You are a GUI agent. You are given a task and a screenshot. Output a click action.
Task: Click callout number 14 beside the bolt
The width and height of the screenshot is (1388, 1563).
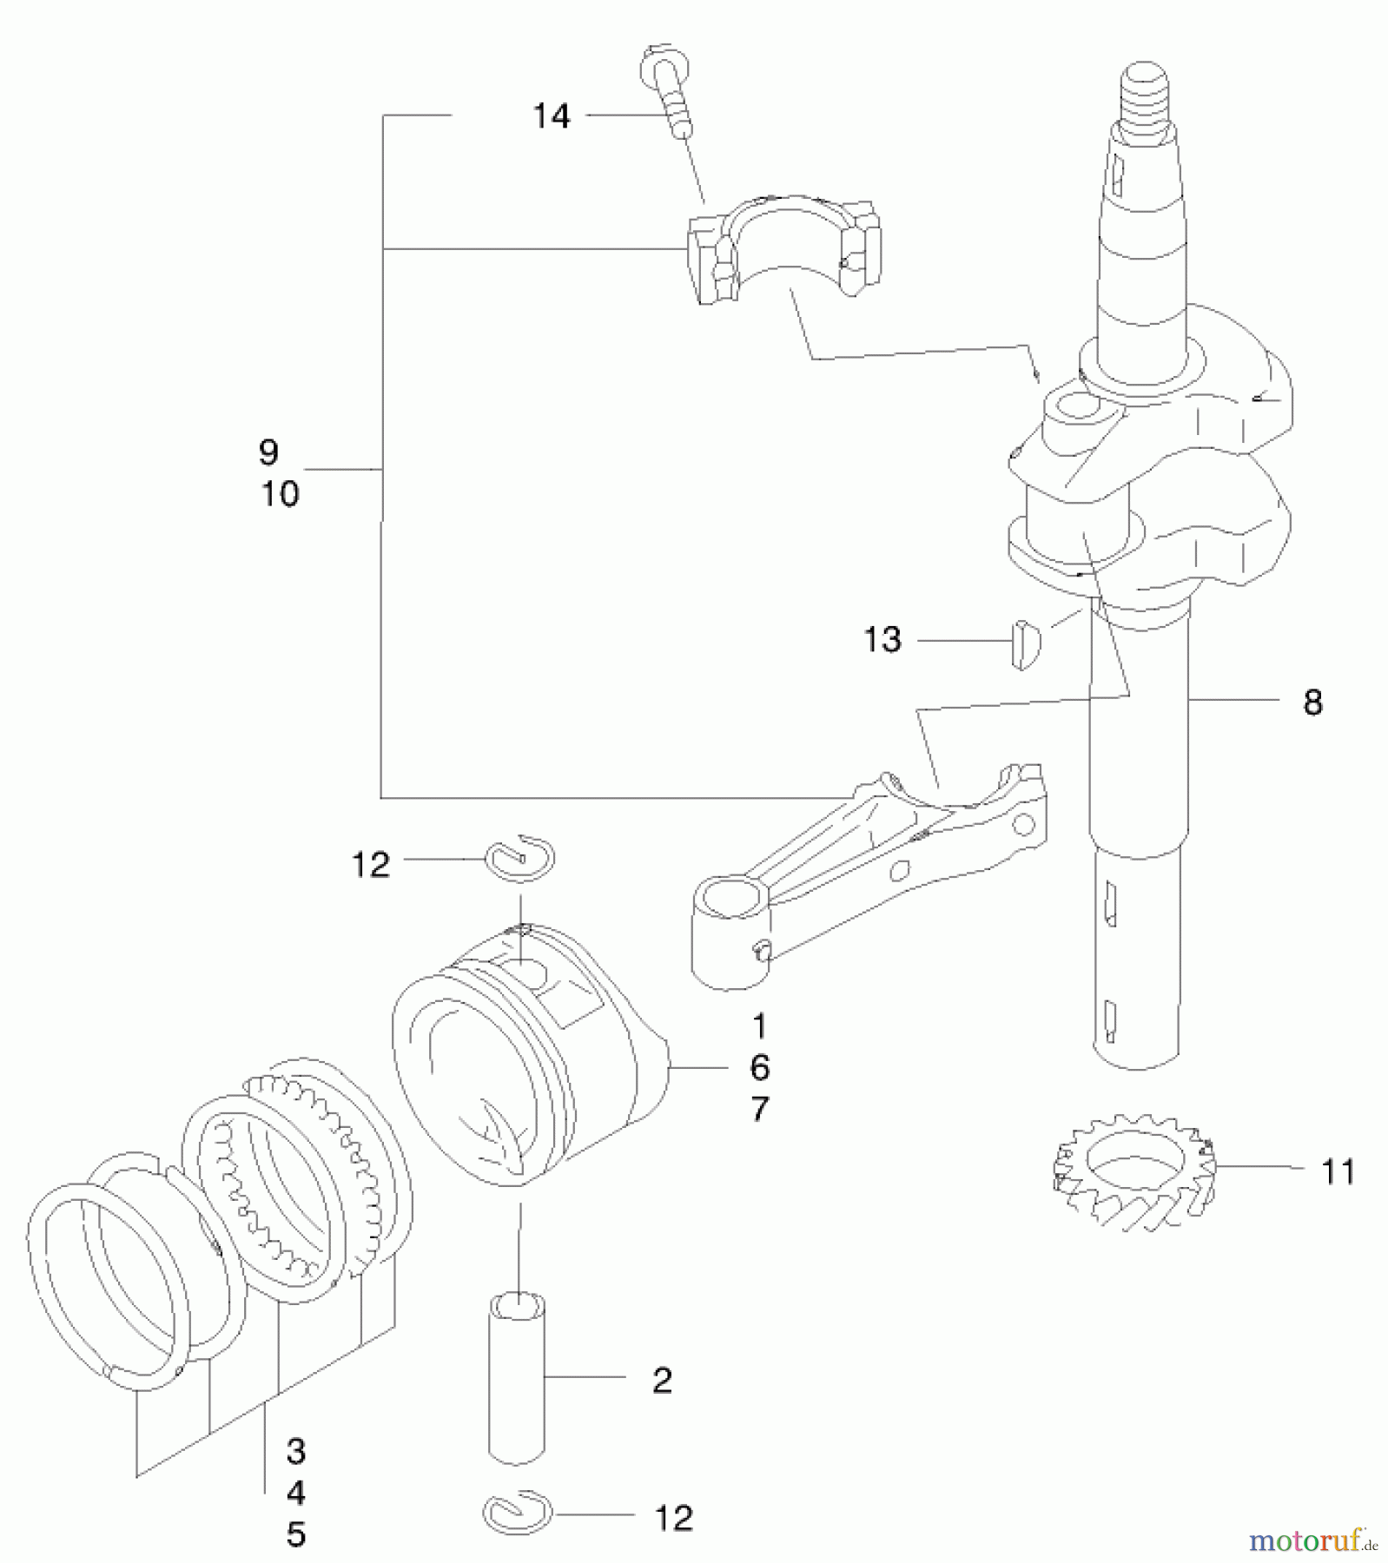point(552,115)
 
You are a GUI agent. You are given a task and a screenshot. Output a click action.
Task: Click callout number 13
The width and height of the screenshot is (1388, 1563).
point(882,640)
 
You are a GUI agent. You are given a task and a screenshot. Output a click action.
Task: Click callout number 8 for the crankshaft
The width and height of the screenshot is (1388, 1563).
point(1312,702)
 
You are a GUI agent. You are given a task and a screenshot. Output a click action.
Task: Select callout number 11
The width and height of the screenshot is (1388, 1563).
point(1338,1172)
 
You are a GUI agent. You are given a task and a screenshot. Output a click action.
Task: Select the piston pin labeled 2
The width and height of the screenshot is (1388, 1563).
point(517,1375)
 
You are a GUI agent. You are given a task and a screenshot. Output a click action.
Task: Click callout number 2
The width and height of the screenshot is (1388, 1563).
point(662,1380)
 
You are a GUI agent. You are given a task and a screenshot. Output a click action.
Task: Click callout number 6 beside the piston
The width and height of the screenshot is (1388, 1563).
point(759,1068)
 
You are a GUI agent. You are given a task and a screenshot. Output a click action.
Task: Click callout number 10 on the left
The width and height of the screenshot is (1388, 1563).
point(280,494)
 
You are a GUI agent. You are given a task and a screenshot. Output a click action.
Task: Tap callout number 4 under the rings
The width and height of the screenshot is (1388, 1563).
point(295,1493)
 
